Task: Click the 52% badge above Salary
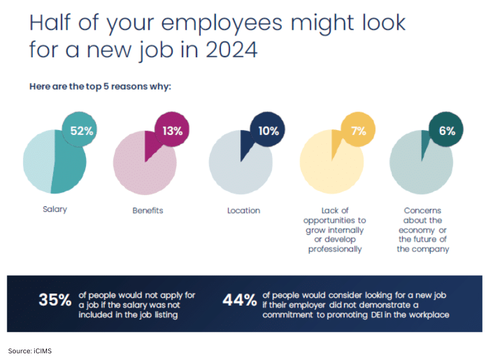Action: pos(81,130)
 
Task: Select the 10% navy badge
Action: pos(267,130)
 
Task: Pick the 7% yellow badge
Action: pos(358,130)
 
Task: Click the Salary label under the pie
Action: pos(55,209)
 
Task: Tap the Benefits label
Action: pos(148,211)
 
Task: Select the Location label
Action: pos(243,211)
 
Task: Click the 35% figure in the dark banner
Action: pos(54,300)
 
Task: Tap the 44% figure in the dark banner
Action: pos(240,300)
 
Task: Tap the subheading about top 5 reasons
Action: pos(100,86)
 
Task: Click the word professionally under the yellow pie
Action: pos(335,249)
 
